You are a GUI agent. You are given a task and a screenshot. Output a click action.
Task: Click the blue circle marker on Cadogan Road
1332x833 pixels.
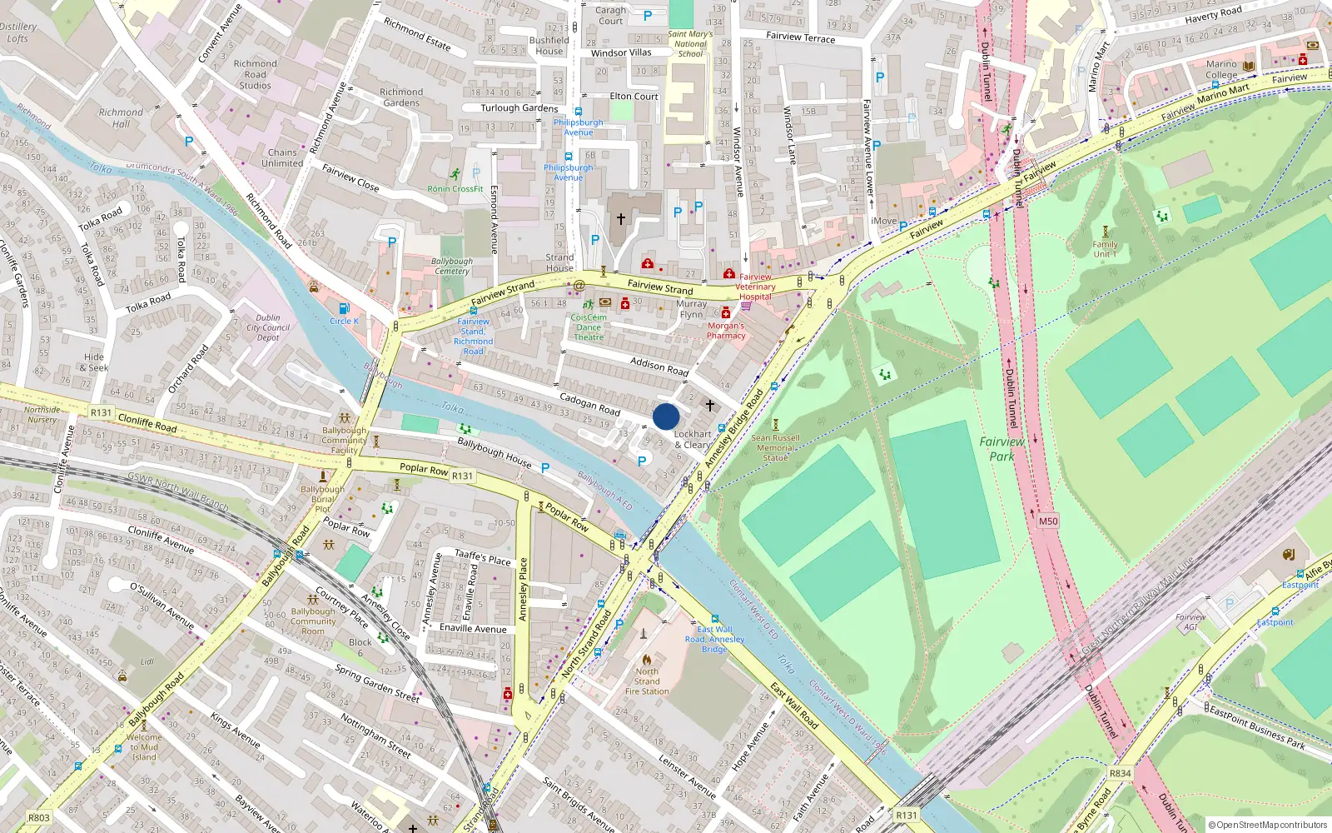pyautogui.click(x=666, y=416)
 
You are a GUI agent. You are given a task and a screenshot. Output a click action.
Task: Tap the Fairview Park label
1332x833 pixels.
pyautogui.click(x=1001, y=449)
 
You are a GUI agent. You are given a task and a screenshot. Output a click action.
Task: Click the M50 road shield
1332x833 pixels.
pyautogui.click(x=1048, y=521)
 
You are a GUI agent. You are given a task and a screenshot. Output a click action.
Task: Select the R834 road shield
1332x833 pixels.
pyautogui.click(x=1120, y=773)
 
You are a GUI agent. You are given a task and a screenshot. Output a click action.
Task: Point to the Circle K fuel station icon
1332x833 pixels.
pyautogui.click(x=343, y=309)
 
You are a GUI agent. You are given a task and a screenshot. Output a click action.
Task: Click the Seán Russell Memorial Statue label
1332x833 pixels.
pyautogui.click(x=775, y=447)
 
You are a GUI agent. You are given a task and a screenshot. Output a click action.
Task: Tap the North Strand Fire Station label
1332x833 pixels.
pyautogui.click(x=647, y=681)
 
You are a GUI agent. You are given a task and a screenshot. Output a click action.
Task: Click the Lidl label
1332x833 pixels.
pyautogui.click(x=147, y=661)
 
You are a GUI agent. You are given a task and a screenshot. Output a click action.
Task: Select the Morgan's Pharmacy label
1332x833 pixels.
pyautogui.click(x=726, y=331)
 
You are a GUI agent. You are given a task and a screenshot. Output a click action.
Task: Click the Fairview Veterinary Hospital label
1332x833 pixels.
pyautogui.click(x=755, y=287)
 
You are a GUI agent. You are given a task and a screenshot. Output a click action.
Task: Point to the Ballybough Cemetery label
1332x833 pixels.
pyautogui.click(x=452, y=266)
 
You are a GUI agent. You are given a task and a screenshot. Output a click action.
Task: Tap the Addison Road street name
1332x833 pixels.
pyautogui.click(x=659, y=366)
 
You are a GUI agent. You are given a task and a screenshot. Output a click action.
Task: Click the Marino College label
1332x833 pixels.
pyautogui.click(x=1221, y=69)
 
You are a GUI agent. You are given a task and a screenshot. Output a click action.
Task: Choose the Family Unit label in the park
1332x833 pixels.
pyautogui.click(x=1105, y=249)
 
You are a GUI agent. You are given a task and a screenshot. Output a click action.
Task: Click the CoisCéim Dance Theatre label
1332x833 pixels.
pyautogui.click(x=589, y=327)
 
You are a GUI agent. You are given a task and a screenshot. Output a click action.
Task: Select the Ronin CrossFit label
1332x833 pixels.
pyautogui.click(x=455, y=189)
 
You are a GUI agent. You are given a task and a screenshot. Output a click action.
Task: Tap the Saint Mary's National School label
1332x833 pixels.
pyautogui.click(x=690, y=44)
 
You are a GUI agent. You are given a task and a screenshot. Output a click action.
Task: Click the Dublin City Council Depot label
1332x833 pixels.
pyautogui.click(x=268, y=327)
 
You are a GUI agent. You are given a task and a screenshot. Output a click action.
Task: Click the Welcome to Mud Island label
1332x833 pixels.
pyautogui.click(x=144, y=747)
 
